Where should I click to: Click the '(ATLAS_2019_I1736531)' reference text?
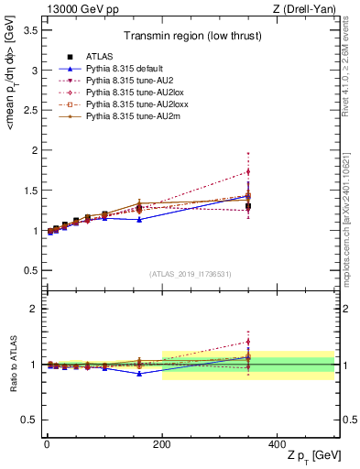pyautogui.click(x=190, y=274)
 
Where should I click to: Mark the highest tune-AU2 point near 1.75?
pyautogui.click(x=248, y=171)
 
